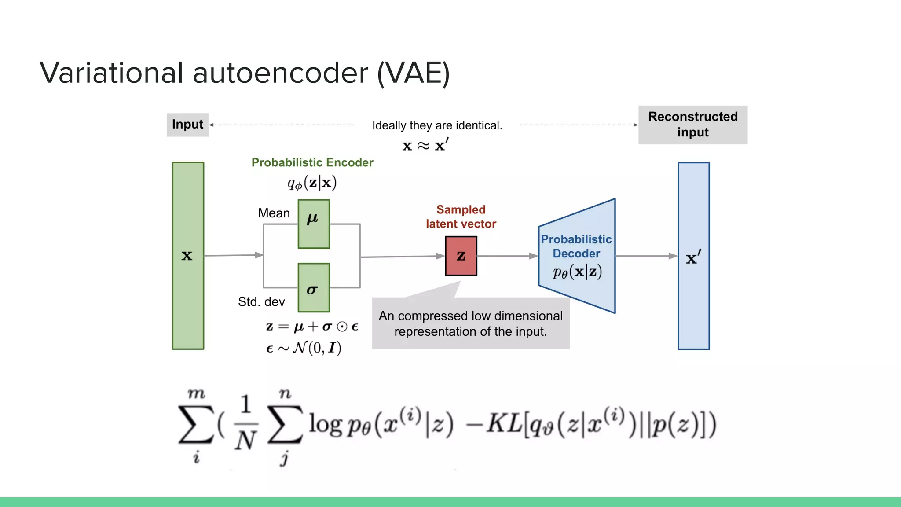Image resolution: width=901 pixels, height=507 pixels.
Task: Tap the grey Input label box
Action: click(x=187, y=125)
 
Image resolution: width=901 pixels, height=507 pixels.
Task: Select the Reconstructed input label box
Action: click(x=692, y=125)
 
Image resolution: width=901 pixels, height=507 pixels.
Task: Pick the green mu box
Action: click(x=313, y=224)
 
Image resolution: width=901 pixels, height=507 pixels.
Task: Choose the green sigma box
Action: click(x=313, y=287)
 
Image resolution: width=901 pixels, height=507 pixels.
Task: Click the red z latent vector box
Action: click(x=461, y=256)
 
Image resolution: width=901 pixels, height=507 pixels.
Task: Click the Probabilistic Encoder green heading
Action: click(x=312, y=162)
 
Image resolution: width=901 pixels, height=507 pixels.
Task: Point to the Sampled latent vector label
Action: click(x=461, y=217)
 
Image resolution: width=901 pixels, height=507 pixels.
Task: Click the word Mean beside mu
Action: click(x=274, y=213)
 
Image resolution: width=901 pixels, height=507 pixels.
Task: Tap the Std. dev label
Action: click(x=261, y=302)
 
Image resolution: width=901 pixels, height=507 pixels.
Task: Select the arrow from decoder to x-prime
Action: click(x=646, y=256)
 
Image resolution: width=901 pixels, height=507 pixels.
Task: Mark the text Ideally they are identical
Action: click(x=437, y=125)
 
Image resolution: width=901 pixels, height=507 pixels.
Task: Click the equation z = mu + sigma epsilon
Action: click(x=312, y=327)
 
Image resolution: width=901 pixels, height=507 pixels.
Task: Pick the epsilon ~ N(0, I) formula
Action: click(x=304, y=348)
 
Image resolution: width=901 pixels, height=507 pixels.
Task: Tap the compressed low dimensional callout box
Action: click(x=470, y=323)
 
